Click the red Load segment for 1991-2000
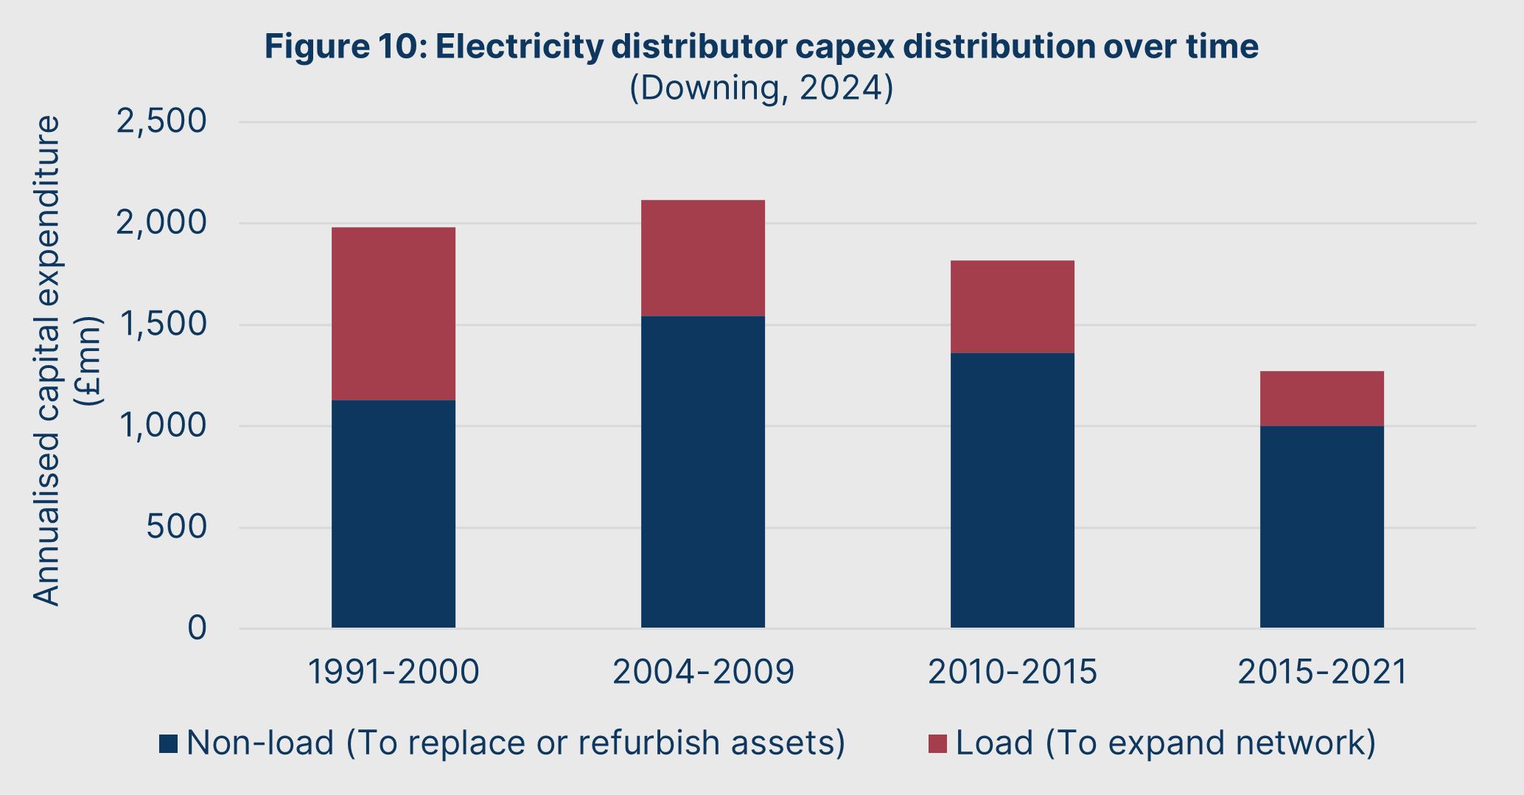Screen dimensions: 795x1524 pos(394,313)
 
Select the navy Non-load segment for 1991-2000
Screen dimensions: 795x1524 pos(394,514)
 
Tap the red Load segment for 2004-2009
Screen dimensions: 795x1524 pos(703,258)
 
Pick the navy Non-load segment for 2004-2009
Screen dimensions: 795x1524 pos(703,472)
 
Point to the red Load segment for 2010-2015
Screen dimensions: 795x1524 pos(1013,307)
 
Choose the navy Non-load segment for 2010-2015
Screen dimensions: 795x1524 pos(1013,490)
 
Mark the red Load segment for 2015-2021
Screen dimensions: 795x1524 pos(1322,398)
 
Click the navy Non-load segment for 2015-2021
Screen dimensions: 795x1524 pos(1322,527)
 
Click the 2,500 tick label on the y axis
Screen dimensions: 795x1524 pos(161,122)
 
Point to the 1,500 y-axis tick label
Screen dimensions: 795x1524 pos(161,324)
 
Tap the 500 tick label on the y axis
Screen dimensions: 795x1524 pos(176,527)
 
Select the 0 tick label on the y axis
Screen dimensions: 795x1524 pos(197,628)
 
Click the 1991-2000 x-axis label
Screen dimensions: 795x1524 pos(394,672)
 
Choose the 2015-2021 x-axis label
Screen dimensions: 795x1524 pos(1322,672)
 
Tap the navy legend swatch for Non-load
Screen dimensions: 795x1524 pos(169,743)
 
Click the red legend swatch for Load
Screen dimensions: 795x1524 pos(937,743)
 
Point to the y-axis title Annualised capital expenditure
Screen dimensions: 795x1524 pos(47,361)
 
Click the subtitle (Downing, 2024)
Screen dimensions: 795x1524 pos(761,88)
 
